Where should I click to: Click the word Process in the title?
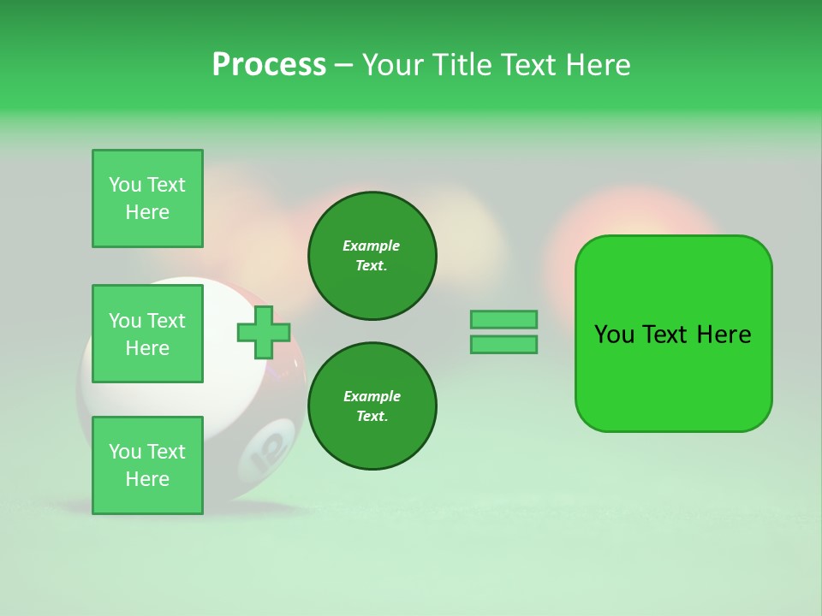(269, 65)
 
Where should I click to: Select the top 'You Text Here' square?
(147, 198)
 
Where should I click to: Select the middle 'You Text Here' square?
(147, 334)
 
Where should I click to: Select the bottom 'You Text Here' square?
(147, 465)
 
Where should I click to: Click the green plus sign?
(264, 332)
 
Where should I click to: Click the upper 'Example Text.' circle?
(372, 256)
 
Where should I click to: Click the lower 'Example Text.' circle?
(372, 406)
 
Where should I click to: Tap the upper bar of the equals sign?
(503, 320)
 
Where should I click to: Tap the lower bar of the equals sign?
(503, 345)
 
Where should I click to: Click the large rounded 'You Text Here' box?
(673, 334)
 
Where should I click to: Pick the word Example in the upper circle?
(372, 246)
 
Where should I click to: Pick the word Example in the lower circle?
(372, 396)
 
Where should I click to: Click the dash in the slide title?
(343, 65)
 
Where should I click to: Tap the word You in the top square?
(125, 185)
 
